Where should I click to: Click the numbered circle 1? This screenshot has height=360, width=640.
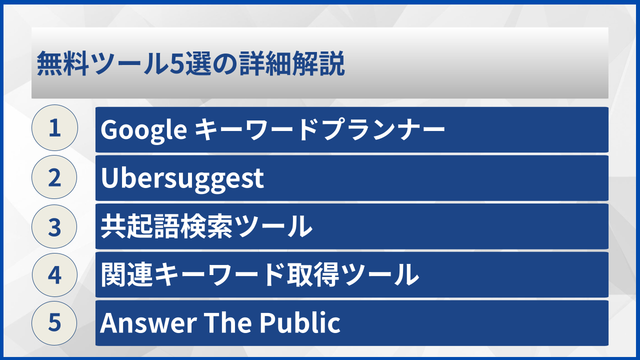click(54, 128)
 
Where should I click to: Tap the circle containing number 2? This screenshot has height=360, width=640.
click(54, 177)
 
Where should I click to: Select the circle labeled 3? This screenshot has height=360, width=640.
click(54, 226)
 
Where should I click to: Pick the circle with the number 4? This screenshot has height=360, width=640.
click(54, 274)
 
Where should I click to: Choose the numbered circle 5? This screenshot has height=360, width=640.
click(54, 322)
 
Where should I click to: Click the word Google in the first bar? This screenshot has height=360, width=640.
click(143, 130)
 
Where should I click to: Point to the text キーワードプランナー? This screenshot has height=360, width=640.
click(319, 130)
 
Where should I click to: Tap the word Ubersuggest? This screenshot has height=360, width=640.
click(182, 178)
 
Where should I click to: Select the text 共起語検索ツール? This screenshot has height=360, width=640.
click(206, 226)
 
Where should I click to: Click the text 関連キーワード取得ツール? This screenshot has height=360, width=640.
click(259, 274)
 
